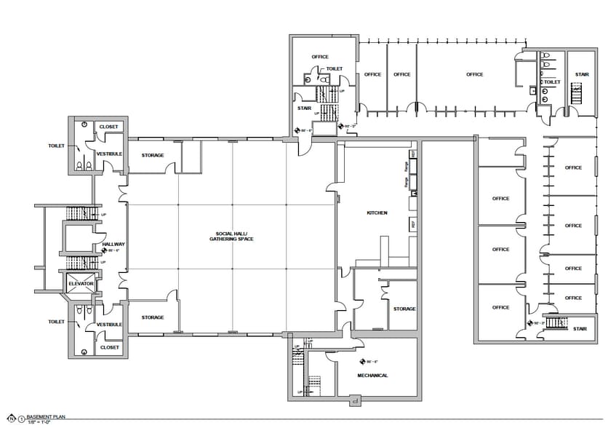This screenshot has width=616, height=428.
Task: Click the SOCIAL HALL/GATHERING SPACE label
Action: point(231,236)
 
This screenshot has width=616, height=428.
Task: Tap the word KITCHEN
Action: point(377,213)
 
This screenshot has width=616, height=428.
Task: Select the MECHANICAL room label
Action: point(372,376)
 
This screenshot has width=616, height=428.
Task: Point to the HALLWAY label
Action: point(114,245)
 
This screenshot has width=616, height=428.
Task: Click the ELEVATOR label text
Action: point(81,283)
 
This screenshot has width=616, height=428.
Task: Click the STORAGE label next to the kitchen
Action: point(404,309)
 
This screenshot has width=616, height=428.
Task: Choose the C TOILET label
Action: point(551,82)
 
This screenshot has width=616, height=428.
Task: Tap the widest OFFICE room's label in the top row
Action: point(474,74)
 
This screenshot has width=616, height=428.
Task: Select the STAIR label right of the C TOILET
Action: point(582,74)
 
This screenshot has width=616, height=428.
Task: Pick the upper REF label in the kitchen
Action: point(414,155)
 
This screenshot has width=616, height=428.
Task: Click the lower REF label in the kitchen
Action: point(414,225)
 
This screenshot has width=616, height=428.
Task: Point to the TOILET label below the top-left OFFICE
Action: point(334,68)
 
